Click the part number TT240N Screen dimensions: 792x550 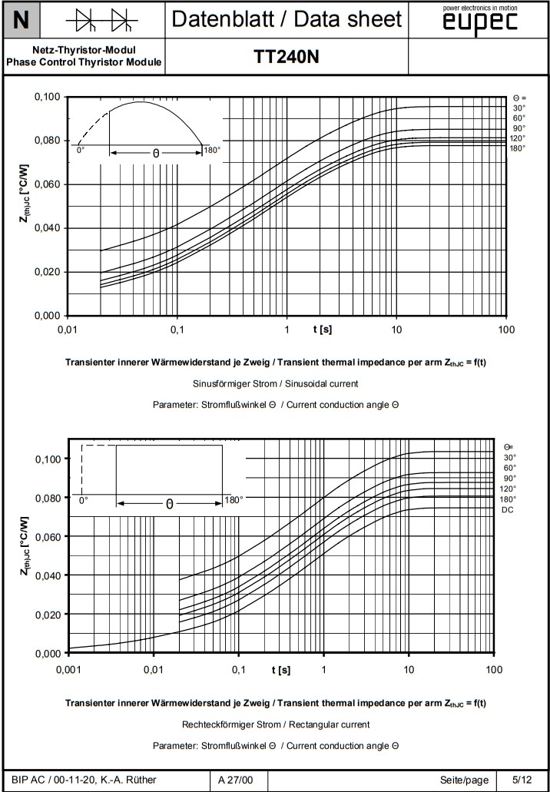[287, 58]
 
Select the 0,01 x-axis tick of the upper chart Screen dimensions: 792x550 [68, 329]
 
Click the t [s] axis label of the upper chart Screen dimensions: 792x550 [323, 329]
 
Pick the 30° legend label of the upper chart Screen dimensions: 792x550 [519, 108]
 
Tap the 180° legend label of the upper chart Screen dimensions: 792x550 [517, 147]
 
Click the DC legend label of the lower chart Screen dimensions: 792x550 [508, 509]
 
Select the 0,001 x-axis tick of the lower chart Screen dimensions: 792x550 [69, 670]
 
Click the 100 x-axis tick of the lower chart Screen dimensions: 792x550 [494, 670]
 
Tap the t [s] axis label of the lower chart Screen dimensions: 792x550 [280, 670]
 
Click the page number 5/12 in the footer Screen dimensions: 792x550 [522, 780]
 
